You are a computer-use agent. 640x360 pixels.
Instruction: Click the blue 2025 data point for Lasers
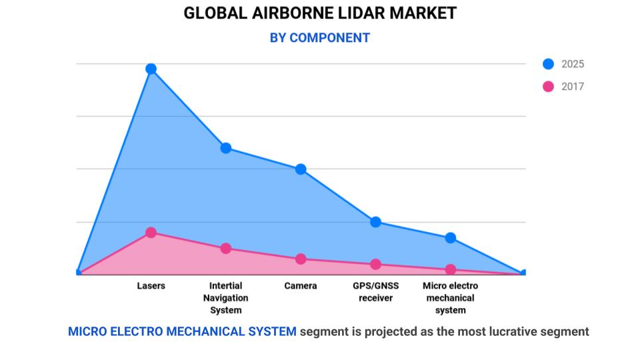tap(151, 69)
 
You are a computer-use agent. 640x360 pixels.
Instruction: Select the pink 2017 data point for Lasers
tap(151, 233)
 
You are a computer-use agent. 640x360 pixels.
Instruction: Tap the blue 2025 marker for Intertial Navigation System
tap(226, 148)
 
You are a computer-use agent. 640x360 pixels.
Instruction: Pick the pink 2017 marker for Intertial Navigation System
tap(226, 249)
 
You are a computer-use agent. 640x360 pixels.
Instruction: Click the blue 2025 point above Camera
tap(301, 169)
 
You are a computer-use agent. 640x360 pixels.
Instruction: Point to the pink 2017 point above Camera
tap(301, 259)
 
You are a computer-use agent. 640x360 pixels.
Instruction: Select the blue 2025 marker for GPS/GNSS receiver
tap(376, 222)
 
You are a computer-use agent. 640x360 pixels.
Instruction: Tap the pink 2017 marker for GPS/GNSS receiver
tap(376, 264)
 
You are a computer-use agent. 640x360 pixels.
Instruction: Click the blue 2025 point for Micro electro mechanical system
tap(451, 238)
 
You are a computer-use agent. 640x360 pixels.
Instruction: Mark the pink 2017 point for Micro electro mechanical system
tap(451, 269)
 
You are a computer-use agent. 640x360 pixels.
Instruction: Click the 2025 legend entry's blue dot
tap(548, 64)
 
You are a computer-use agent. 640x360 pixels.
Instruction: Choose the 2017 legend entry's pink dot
tap(548, 87)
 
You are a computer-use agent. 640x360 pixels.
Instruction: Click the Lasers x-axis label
tap(151, 286)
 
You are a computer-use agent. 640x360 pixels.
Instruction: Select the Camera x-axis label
tap(301, 286)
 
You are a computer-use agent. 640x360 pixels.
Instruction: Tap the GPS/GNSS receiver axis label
tap(376, 292)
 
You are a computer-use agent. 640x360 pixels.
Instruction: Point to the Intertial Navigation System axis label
tap(226, 298)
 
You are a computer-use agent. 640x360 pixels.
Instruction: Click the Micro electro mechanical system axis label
tap(451, 298)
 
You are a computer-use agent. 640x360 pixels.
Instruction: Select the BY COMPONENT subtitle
tap(320, 37)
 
